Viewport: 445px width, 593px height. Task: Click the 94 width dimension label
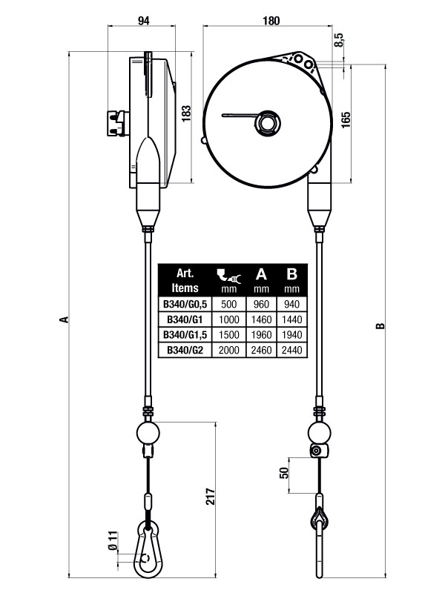tap(143, 21)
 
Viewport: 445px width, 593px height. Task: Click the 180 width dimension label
tap(271, 21)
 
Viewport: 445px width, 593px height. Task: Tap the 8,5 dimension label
tap(339, 40)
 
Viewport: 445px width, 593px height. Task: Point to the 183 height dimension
tap(186, 113)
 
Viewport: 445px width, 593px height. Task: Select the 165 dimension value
tap(346, 120)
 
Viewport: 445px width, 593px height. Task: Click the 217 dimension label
tap(211, 496)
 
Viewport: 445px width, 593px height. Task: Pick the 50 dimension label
tap(284, 473)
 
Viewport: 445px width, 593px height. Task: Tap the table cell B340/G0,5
tap(185, 305)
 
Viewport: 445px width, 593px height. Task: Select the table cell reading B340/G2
tap(185, 350)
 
